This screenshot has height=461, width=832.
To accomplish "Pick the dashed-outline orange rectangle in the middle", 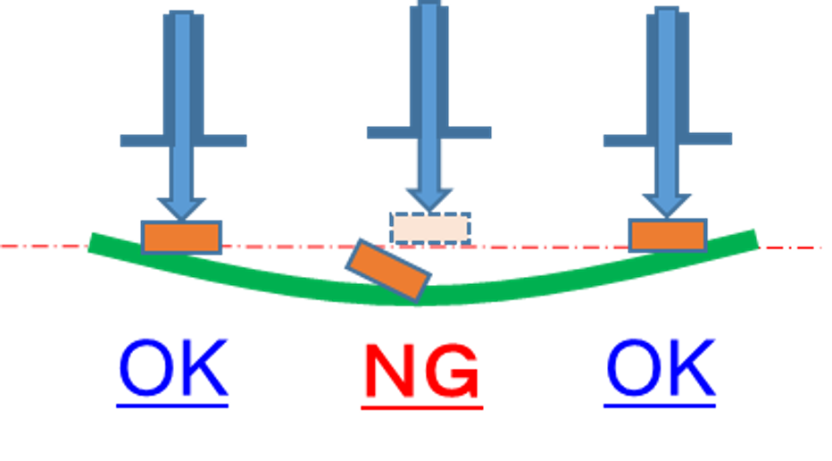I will [429, 228].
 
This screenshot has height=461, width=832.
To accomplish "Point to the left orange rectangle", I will [181, 237].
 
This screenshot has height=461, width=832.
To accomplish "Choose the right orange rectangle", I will [668, 235].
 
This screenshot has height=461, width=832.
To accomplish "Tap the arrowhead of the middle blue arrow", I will [429, 199].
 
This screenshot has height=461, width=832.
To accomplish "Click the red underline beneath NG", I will [421, 407].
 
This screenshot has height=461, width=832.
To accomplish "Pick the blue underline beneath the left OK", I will [173, 405].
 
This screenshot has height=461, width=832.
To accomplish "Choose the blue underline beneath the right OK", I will [661, 405].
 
